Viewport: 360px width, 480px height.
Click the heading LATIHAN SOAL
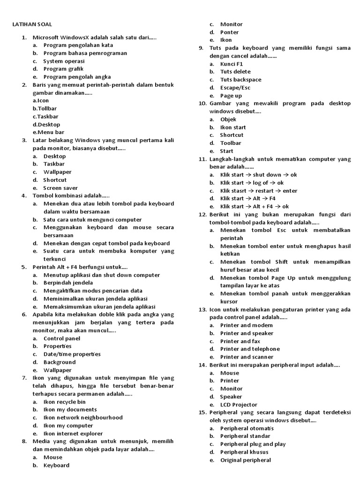point(32,24)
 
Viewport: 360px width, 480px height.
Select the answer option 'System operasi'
point(64,61)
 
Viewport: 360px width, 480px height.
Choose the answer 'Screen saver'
point(61,188)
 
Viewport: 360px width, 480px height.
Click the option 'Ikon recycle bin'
point(65,402)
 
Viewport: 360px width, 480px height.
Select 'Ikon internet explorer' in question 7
point(73,434)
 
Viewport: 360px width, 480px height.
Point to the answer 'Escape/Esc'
point(235,88)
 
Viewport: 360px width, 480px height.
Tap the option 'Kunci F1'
point(232,64)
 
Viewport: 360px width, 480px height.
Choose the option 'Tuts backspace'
point(241,80)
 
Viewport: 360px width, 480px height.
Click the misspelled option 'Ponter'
point(229,32)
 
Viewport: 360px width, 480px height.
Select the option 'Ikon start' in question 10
point(233,127)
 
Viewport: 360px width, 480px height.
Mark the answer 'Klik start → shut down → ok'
point(258,175)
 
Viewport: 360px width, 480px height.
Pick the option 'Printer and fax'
point(240,341)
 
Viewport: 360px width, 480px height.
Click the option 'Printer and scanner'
point(247,357)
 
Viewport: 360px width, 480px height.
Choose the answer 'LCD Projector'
point(239,405)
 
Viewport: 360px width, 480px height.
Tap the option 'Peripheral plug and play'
point(253,444)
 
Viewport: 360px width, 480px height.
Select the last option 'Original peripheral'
point(246,460)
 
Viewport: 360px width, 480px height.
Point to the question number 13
point(202,310)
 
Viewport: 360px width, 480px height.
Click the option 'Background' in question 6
point(60,362)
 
